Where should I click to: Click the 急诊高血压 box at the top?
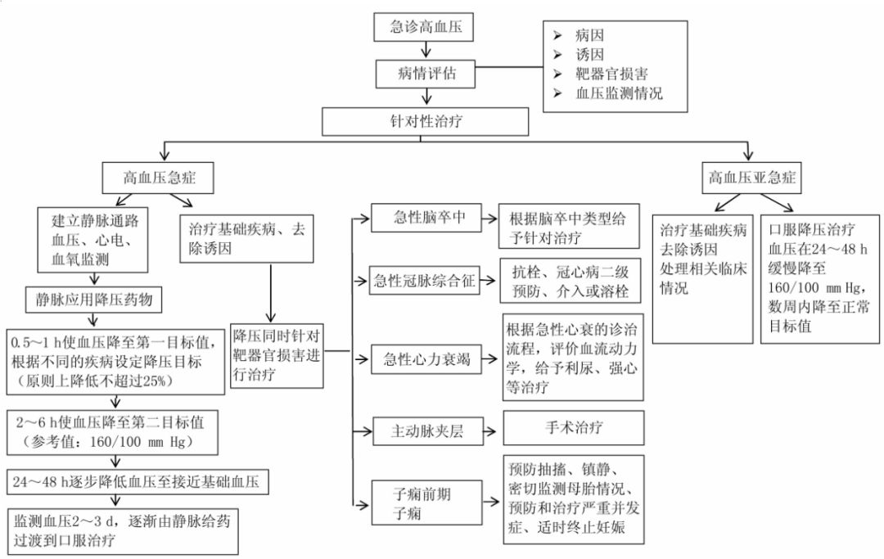point(425,27)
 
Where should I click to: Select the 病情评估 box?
point(425,73)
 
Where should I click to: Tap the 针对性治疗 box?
point(425,120)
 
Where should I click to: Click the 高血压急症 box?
point(157,177)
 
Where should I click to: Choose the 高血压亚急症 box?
point(753,177)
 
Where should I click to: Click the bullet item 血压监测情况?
point(618,93)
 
